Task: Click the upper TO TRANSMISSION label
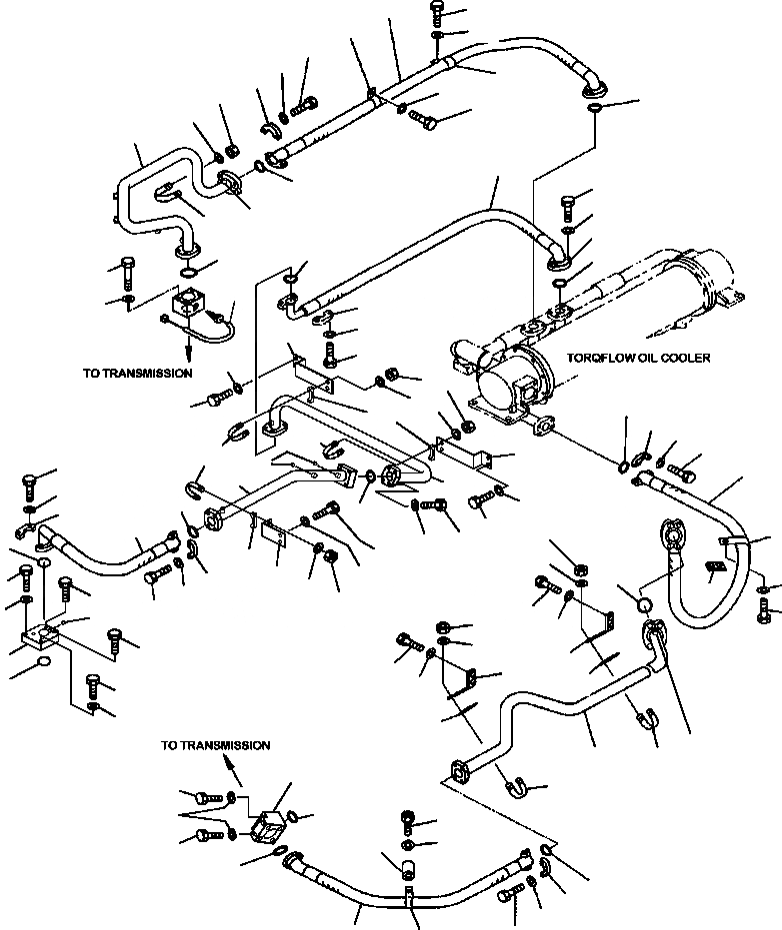click(137, 373)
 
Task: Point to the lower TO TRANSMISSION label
click(216, 745)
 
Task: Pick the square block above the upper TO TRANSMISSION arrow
click(189, 303)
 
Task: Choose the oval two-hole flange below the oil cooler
click(544, 426)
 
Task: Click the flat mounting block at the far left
click(40, 638)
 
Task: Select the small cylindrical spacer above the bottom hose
click(407, 868)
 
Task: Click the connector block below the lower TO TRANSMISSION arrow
click(267, 824)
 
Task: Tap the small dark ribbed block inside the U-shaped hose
click(715, 567)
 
